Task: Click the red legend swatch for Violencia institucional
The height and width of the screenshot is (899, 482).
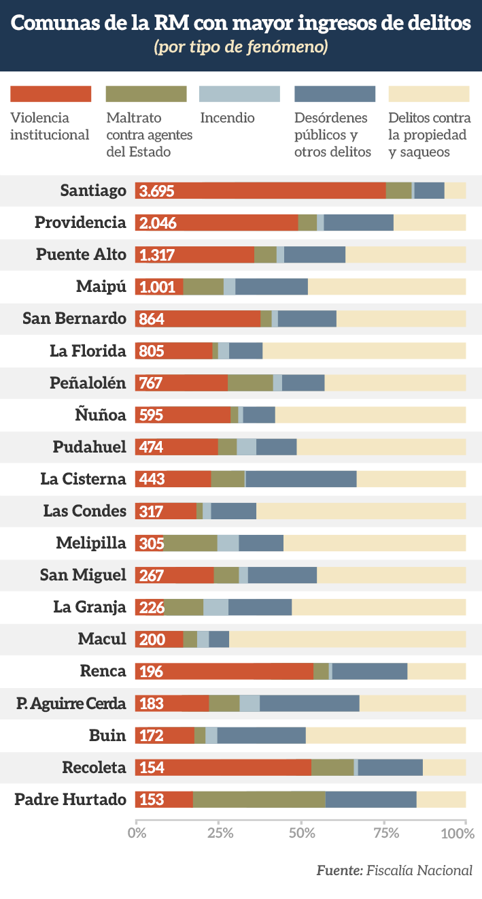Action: pos(50,94)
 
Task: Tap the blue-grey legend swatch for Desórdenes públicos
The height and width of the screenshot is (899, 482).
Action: pos(334,94)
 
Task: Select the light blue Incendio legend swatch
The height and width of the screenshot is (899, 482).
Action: pos(239,94)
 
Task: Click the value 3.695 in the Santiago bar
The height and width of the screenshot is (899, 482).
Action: pos(157,191)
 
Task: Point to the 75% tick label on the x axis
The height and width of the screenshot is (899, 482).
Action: pos(383,832)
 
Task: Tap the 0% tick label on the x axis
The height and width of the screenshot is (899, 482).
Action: pos(137,832)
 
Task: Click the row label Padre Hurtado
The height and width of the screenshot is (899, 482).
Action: pos(71,800)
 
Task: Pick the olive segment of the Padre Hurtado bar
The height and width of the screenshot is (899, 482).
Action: pos(259,800)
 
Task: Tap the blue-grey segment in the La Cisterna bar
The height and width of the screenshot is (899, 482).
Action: pos(301,478)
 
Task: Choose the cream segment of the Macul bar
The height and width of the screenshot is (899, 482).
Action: pos(347,639)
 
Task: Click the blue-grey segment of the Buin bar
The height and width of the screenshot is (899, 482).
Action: pos(262,735)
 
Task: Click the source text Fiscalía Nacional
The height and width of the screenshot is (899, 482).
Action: pos(419,870)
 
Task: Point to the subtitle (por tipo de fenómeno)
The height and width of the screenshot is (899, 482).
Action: pos(241,48)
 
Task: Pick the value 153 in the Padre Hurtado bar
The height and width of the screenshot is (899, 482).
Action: pos(152,800)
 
